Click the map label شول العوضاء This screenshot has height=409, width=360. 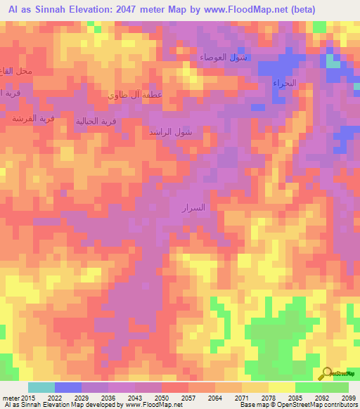(223, 57)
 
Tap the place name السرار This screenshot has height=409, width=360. (193, 208)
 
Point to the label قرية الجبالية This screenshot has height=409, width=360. (96, 121)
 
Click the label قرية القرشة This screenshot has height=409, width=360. (33, 118)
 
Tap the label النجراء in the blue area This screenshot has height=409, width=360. (284, 83)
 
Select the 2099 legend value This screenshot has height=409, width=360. (348, 398)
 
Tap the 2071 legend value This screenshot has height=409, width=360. (241, 398)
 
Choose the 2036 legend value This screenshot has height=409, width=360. (107, 398)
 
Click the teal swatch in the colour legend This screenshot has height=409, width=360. (41, 387)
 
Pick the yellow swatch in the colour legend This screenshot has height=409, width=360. (282, 387)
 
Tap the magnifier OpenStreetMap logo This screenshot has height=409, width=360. (327, 372)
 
